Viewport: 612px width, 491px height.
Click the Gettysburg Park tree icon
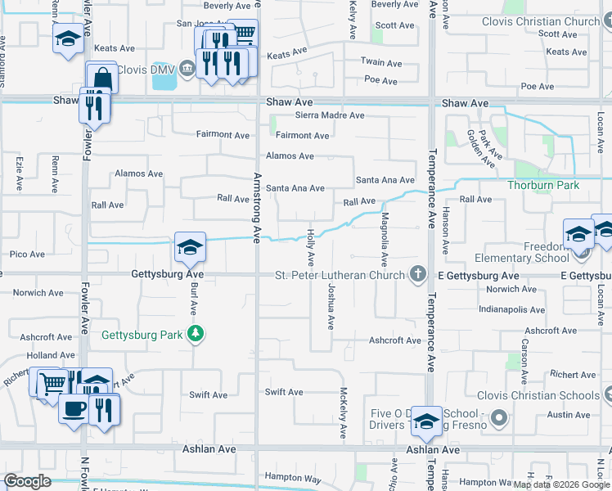point(195,334)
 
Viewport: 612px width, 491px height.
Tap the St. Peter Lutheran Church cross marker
point(418,274)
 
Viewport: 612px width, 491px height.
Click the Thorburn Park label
point(543,186)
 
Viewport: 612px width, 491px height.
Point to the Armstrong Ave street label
point(256,207)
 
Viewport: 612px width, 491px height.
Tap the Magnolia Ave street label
point(384,238)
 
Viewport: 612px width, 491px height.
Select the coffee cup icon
point(74,408)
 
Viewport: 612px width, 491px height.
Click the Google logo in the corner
point(27,481)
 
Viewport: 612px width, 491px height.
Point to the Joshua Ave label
point(330,308)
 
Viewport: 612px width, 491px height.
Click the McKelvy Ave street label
point(344,414)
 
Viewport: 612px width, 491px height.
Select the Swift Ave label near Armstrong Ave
point(284,393)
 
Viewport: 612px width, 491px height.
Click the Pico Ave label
point(27,255)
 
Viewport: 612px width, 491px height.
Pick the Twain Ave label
point(383,63)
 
